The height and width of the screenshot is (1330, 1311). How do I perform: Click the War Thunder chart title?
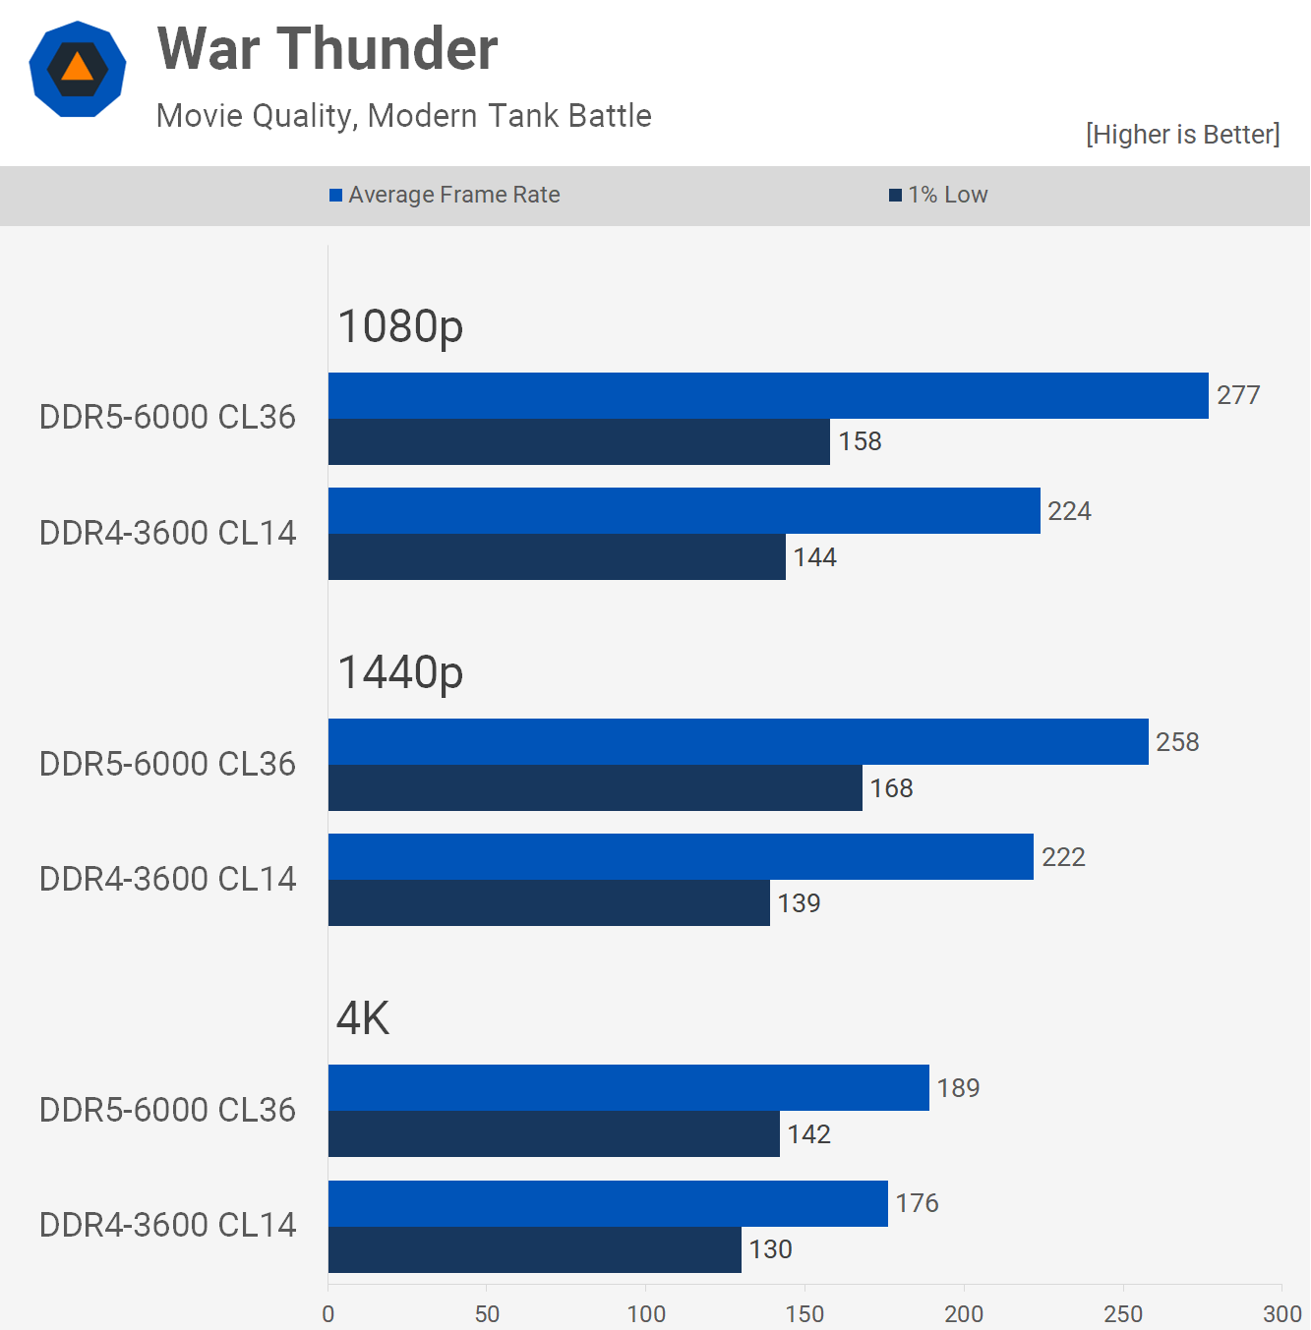[x=328, y=49]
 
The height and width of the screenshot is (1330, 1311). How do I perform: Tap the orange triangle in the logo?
[x=77, y=68]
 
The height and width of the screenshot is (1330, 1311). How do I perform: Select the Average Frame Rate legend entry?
[x=445, y=195]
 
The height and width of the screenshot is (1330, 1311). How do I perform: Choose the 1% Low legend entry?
[x=938, y=195]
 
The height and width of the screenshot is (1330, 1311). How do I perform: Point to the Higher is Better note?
[x=1182, y=135]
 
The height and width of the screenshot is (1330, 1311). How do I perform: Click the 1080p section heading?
[x=400, y=326]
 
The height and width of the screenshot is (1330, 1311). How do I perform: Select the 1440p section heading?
[x=400, y=673]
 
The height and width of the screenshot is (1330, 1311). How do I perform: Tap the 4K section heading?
[x=363, y=1018]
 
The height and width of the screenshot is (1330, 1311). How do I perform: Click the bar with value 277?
[x=768, y=395]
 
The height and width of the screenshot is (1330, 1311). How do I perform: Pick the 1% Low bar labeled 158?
[x=578, y=441]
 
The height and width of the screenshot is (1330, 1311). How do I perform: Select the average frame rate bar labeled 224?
[x=684, y=511]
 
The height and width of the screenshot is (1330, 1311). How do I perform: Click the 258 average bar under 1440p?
[x=738, y=742]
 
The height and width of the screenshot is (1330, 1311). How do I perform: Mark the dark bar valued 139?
[x=549, y=902]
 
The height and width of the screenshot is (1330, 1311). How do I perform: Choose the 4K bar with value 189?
[x=628, y=1088]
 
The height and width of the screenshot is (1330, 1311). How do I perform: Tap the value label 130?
[x=770, y=1249]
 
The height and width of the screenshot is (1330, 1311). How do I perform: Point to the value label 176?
[x=917, y=1203]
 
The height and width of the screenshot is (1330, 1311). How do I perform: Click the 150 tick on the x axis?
[x=804, y=1313]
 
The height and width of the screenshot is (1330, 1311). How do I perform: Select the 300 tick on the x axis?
[x=1281, y=1313]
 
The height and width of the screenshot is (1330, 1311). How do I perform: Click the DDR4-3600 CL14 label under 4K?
[x=167, y=1225]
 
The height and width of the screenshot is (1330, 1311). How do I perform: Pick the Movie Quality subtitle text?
[x=403, y=116]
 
